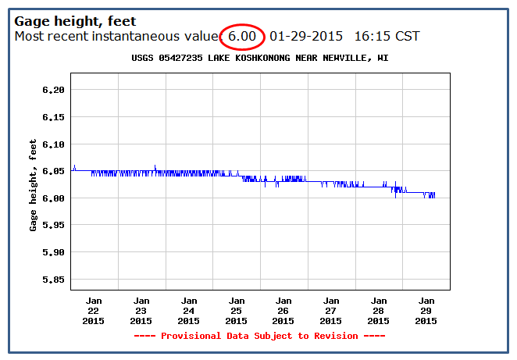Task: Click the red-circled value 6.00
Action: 242,36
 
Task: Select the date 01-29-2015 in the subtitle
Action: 306,36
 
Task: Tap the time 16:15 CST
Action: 387,36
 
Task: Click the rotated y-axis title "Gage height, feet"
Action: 33,185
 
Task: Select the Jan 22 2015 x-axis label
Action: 94,311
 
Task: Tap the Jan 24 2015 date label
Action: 188,311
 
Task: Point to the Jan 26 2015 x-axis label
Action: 283,311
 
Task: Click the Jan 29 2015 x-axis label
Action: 426,311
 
